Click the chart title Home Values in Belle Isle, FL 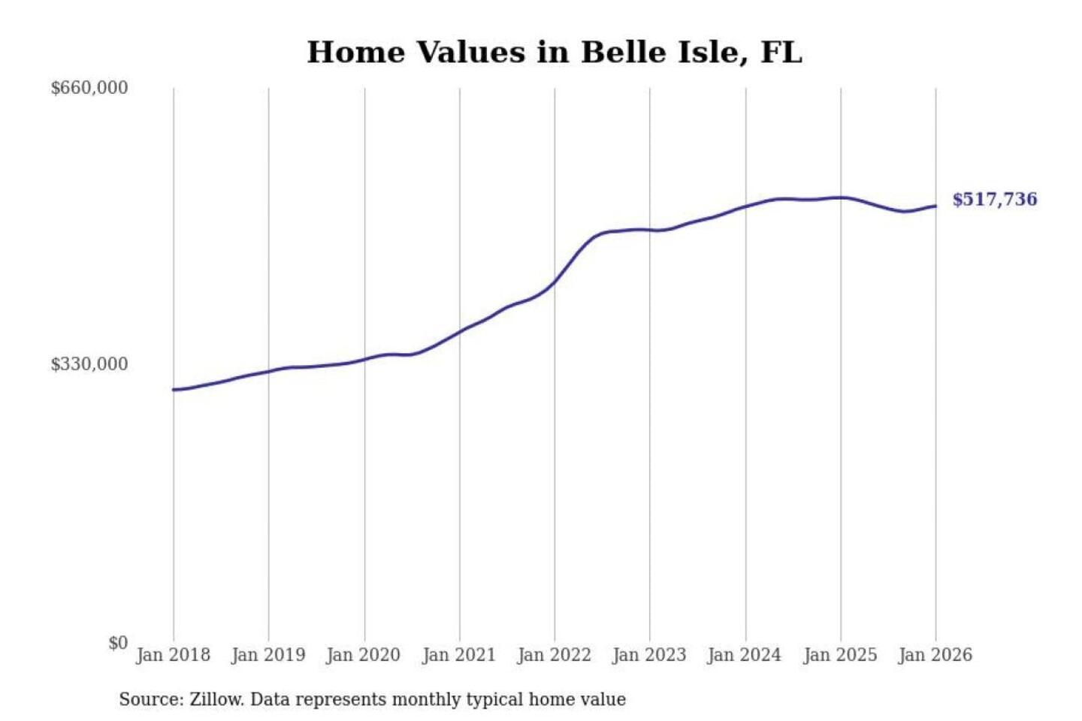click(555, 53)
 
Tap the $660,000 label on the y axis click(89, 88)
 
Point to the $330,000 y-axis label click(89, 364)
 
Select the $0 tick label click(118, 643)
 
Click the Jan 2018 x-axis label click(173, 655)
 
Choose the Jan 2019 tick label click(268, 655)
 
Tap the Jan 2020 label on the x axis click(364, 655)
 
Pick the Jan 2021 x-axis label click(459, 655)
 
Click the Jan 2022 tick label click(555, 655)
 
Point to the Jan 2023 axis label click(649, 655)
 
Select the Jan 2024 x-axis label click(745, 655)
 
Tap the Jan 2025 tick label click(840, 655)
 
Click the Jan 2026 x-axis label click(935, 655)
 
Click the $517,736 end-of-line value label click(995, 200)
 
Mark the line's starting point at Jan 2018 click(174, 390)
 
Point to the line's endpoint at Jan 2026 click(935, 206)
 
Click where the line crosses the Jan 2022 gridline click(555, 282)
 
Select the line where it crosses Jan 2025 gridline click(841, 198)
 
